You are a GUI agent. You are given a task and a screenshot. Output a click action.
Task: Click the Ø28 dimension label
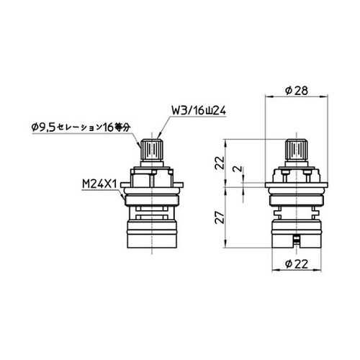point(297,91)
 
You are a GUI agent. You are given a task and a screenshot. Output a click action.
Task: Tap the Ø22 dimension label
point(297,264)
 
